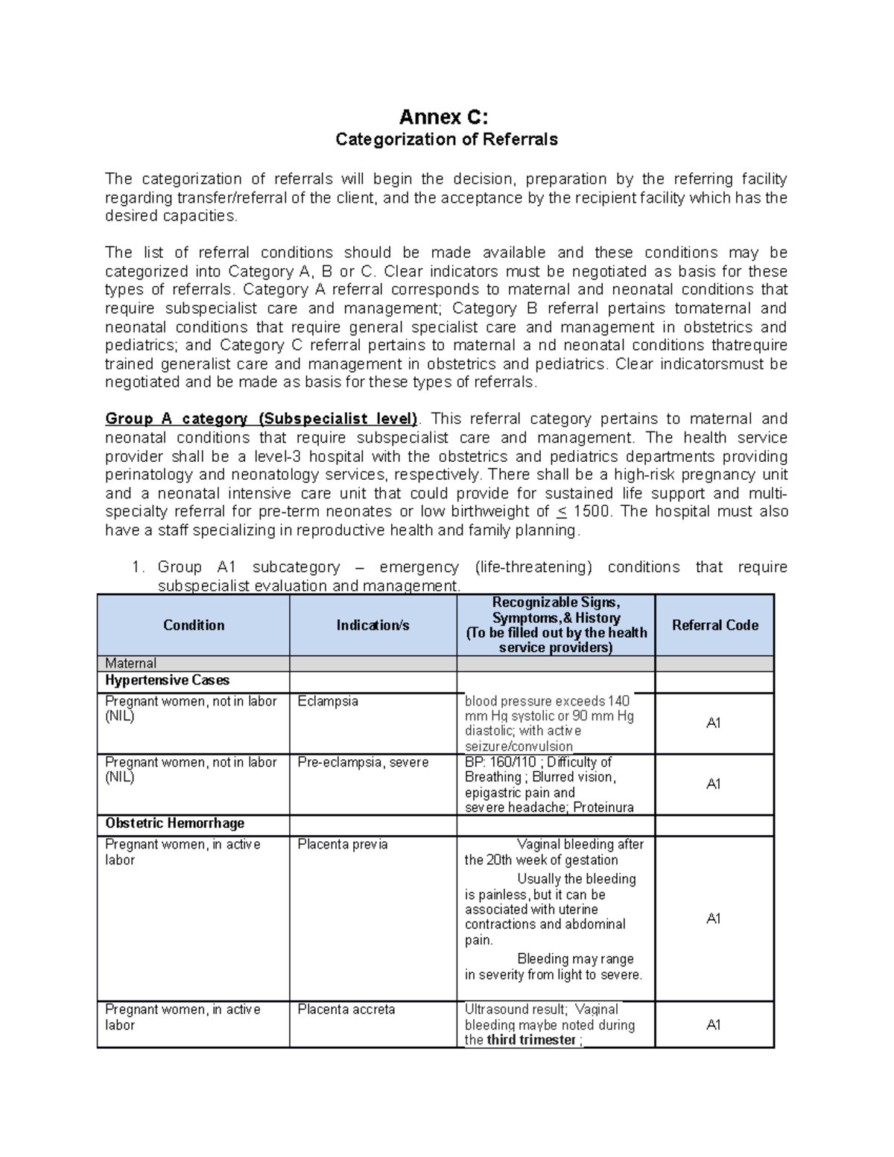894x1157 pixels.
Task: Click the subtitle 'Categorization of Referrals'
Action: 446,139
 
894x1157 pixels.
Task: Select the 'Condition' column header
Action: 194,625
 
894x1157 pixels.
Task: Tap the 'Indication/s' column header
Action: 372,625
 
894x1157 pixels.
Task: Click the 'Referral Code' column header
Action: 714,625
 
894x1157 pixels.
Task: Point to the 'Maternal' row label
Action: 130,663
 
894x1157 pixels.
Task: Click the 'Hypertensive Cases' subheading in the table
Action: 167,680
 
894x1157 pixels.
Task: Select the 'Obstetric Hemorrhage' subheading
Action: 174,823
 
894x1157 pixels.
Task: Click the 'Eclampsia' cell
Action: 328,701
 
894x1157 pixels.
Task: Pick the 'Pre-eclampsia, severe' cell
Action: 363,762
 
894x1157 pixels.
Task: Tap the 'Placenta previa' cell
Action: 342,844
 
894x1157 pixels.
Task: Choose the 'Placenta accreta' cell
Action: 346,1009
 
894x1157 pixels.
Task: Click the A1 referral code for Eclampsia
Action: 713,723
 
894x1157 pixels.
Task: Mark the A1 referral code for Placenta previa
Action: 713,919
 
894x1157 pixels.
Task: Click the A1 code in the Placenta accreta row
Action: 713,1024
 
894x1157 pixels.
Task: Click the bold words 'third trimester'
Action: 530,1040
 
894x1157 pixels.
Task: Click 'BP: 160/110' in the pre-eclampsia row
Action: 501,762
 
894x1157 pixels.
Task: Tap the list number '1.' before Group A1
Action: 137,567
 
